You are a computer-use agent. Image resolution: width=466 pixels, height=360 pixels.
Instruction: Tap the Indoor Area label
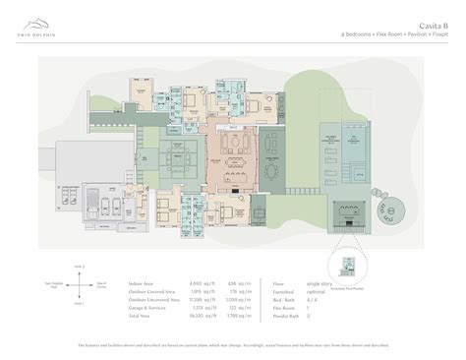pyautogui.click(x=142, y=280)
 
